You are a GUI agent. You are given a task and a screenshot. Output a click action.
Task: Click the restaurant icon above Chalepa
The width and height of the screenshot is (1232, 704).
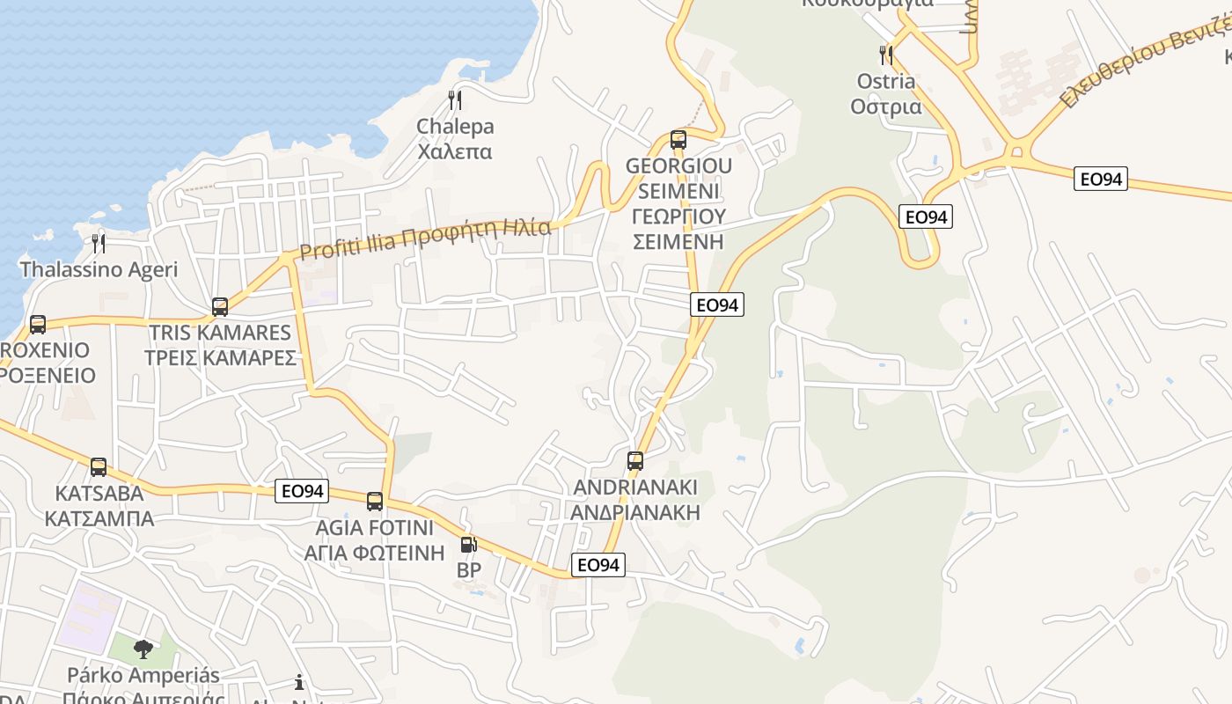(x=455, y=99)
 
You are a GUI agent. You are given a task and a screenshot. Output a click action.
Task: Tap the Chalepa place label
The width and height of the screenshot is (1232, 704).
(x=455, y=139)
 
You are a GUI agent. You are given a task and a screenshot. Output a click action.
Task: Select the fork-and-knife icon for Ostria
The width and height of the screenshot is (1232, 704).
(x=886, y=55)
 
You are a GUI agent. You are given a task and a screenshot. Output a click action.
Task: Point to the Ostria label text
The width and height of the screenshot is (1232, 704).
(x=886, y=94)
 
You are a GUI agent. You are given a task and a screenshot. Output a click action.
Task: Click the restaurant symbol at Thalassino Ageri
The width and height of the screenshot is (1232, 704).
(x=99, y=243)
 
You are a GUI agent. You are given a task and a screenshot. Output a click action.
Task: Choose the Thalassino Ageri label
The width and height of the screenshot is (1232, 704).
(x=99, y=269)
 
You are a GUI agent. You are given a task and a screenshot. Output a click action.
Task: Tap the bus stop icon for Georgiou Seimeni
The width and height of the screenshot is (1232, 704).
(x=678, y=139)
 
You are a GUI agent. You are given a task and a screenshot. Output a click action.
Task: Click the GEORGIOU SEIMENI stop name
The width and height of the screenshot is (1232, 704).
(x=678, y=203)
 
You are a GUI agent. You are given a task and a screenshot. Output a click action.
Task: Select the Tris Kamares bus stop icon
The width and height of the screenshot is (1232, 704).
(x=220, y=307)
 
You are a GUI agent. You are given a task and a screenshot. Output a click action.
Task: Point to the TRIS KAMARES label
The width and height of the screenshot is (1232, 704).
(x=220, y=345)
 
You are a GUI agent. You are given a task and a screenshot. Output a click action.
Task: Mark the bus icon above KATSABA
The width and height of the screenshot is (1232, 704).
(x=99, y=466)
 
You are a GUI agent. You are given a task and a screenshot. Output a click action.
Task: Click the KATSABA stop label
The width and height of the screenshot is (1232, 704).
(x=99, y=505)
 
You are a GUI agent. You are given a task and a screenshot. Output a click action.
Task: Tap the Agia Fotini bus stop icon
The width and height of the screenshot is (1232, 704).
(x=375, y=502)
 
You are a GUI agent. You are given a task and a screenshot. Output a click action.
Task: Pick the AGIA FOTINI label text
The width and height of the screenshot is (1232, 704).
(x=375, y=540)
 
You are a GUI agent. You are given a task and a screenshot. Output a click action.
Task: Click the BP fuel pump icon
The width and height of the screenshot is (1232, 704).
(x=468, y=545)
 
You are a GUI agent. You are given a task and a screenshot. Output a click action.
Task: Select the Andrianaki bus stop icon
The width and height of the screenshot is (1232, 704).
(x=635, y=460)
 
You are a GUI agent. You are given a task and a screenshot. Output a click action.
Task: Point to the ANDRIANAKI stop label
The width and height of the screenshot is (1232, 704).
(x=635, y=499)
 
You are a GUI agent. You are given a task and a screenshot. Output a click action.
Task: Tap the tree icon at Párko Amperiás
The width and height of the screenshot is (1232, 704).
(x=143, y=649)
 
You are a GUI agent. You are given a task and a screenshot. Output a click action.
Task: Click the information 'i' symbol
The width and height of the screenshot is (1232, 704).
(x=299, y=682)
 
